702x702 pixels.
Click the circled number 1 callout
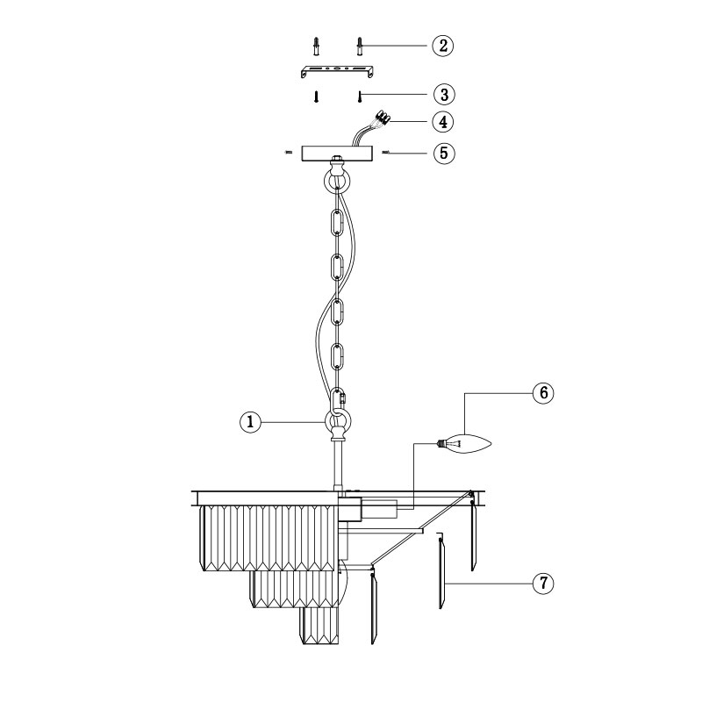250,422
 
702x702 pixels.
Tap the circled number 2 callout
443,46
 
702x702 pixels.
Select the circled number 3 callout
444,95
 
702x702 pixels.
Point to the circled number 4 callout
443,122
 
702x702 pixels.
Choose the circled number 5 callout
444,153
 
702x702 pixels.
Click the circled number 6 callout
543,393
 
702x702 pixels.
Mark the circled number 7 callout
543,584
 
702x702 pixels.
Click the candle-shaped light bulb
464,444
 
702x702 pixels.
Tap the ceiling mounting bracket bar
337,71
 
